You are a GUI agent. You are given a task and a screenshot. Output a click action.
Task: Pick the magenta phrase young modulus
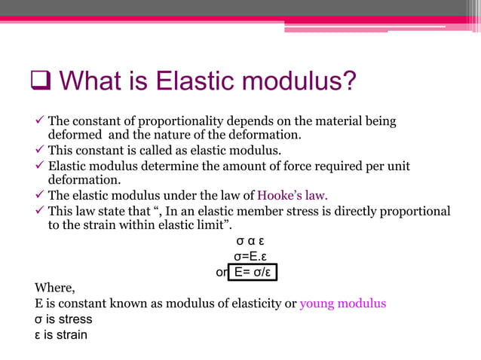coord(343,304)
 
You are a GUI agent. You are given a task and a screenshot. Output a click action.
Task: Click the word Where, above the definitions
coord(55,288)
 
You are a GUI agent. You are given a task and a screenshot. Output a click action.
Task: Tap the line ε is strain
coord(61,334)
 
